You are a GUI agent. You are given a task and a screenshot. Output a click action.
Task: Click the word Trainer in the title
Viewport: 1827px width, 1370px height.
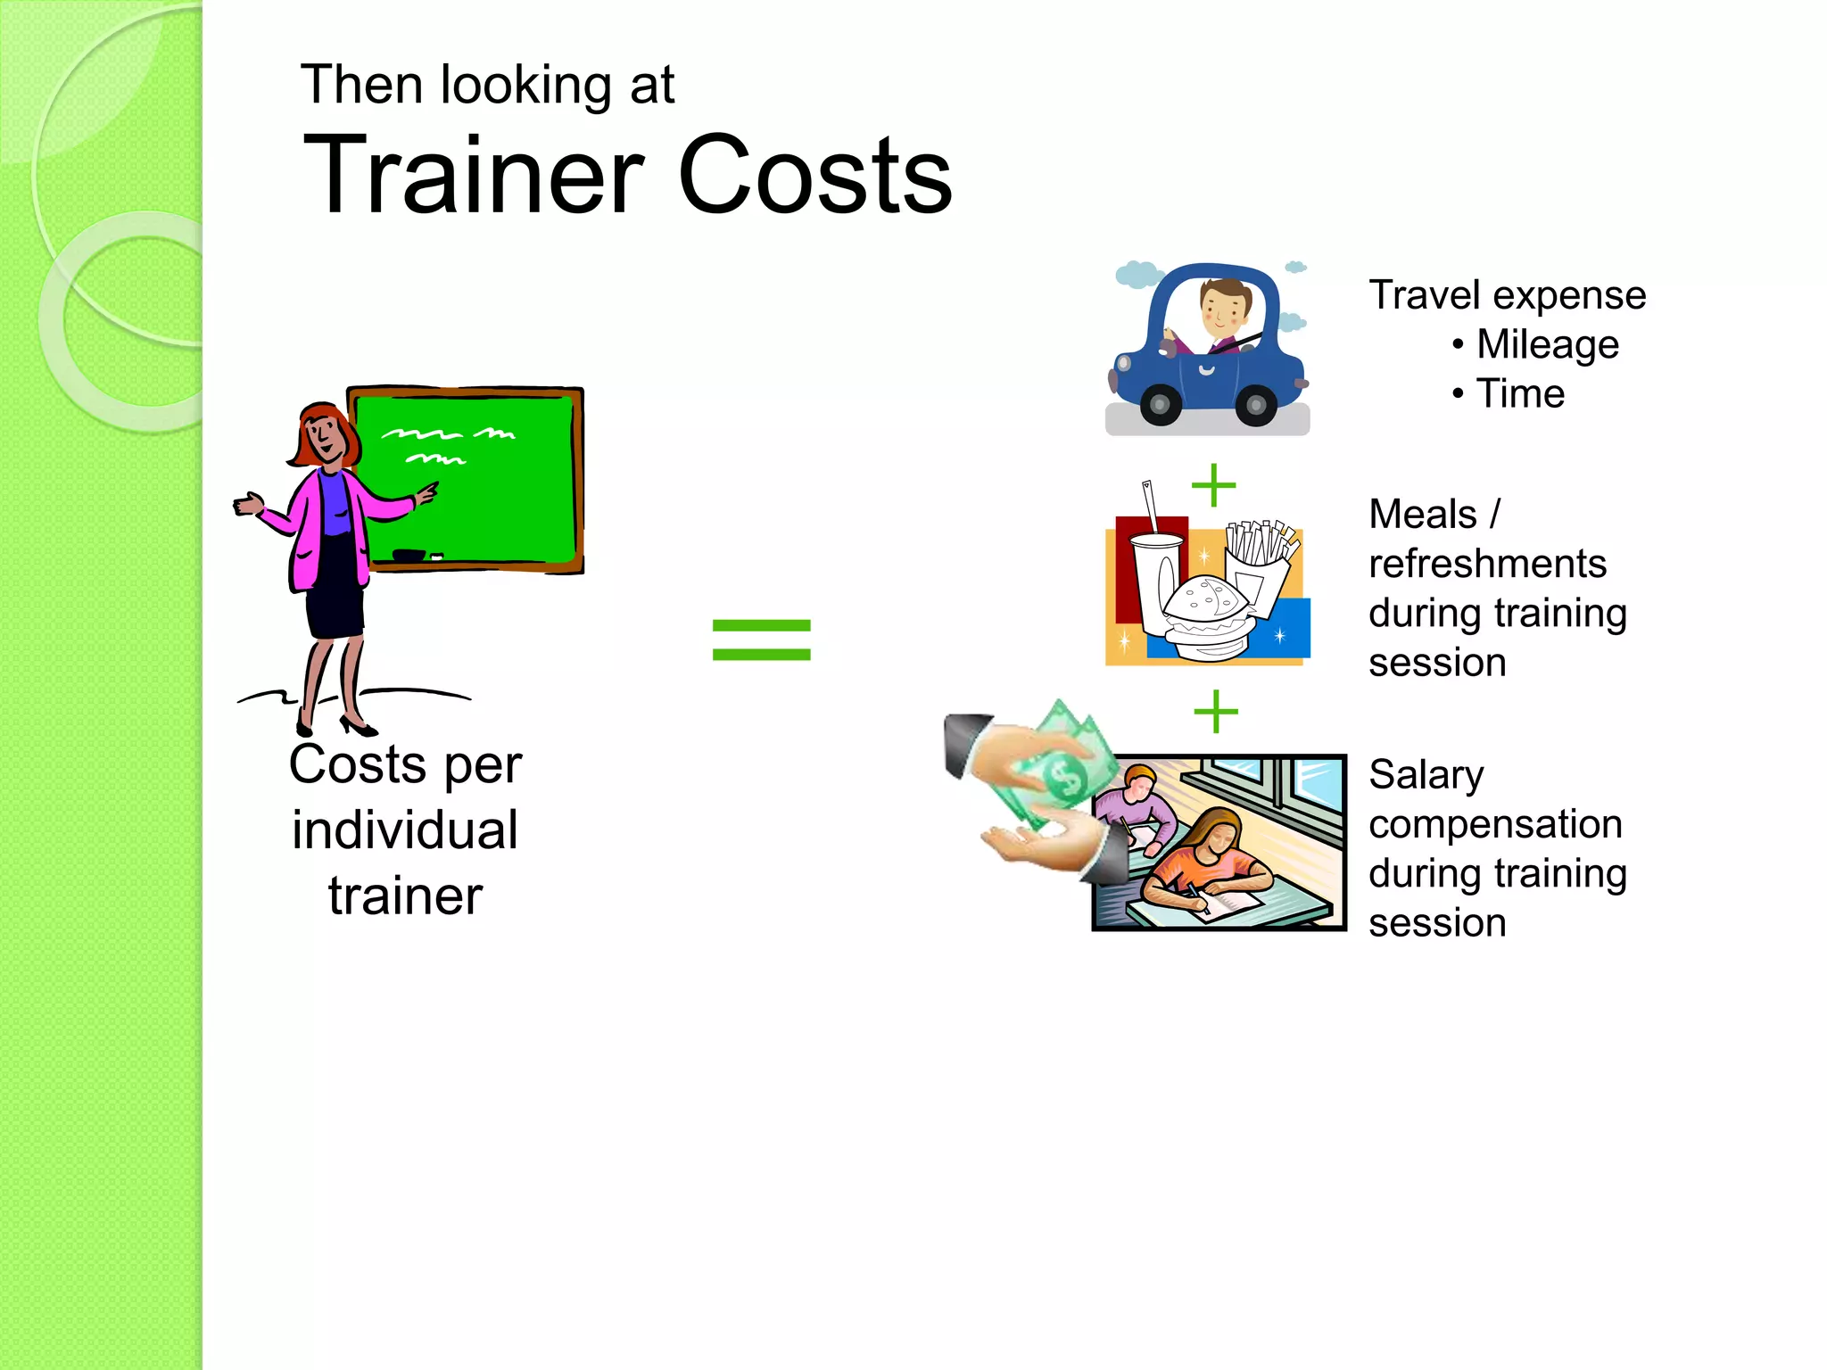473,175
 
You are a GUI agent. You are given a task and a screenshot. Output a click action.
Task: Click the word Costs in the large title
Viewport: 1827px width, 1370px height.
814,175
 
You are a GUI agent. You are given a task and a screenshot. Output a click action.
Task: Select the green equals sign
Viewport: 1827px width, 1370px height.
761,640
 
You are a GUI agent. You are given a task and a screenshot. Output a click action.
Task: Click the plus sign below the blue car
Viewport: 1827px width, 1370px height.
1213,485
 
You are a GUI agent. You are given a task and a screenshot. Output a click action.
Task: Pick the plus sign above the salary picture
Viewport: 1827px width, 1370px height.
1215,712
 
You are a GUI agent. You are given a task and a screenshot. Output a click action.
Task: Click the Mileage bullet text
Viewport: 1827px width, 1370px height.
1547,345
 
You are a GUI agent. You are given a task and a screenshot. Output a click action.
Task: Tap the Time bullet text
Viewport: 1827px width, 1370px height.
1520,393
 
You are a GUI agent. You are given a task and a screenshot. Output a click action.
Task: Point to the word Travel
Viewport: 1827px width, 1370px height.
1424,295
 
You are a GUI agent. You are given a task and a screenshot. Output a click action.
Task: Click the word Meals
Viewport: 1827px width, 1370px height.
1423,515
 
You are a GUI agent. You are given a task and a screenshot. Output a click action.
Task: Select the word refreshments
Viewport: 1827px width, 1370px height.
1487,564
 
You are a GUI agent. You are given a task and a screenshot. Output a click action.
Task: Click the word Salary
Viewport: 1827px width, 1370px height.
1426,775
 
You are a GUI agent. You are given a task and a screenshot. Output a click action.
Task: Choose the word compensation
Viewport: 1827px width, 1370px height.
1495,824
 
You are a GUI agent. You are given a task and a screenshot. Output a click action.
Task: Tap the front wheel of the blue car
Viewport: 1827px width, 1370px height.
1161,405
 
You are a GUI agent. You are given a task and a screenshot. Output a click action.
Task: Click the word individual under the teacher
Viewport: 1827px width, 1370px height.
405,830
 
